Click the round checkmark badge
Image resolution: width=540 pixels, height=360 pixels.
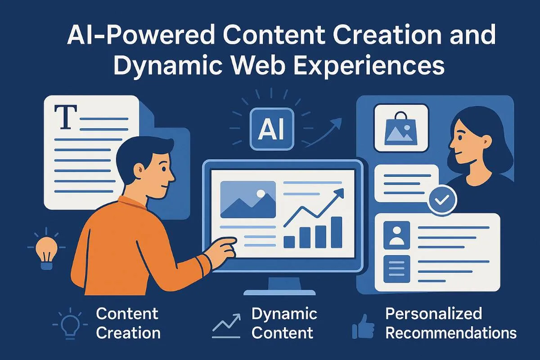442,199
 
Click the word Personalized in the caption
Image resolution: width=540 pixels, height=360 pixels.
433,313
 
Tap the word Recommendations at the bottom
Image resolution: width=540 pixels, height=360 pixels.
451,333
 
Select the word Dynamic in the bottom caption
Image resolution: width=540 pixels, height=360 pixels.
284,313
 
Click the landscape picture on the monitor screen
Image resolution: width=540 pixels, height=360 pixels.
248,200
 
